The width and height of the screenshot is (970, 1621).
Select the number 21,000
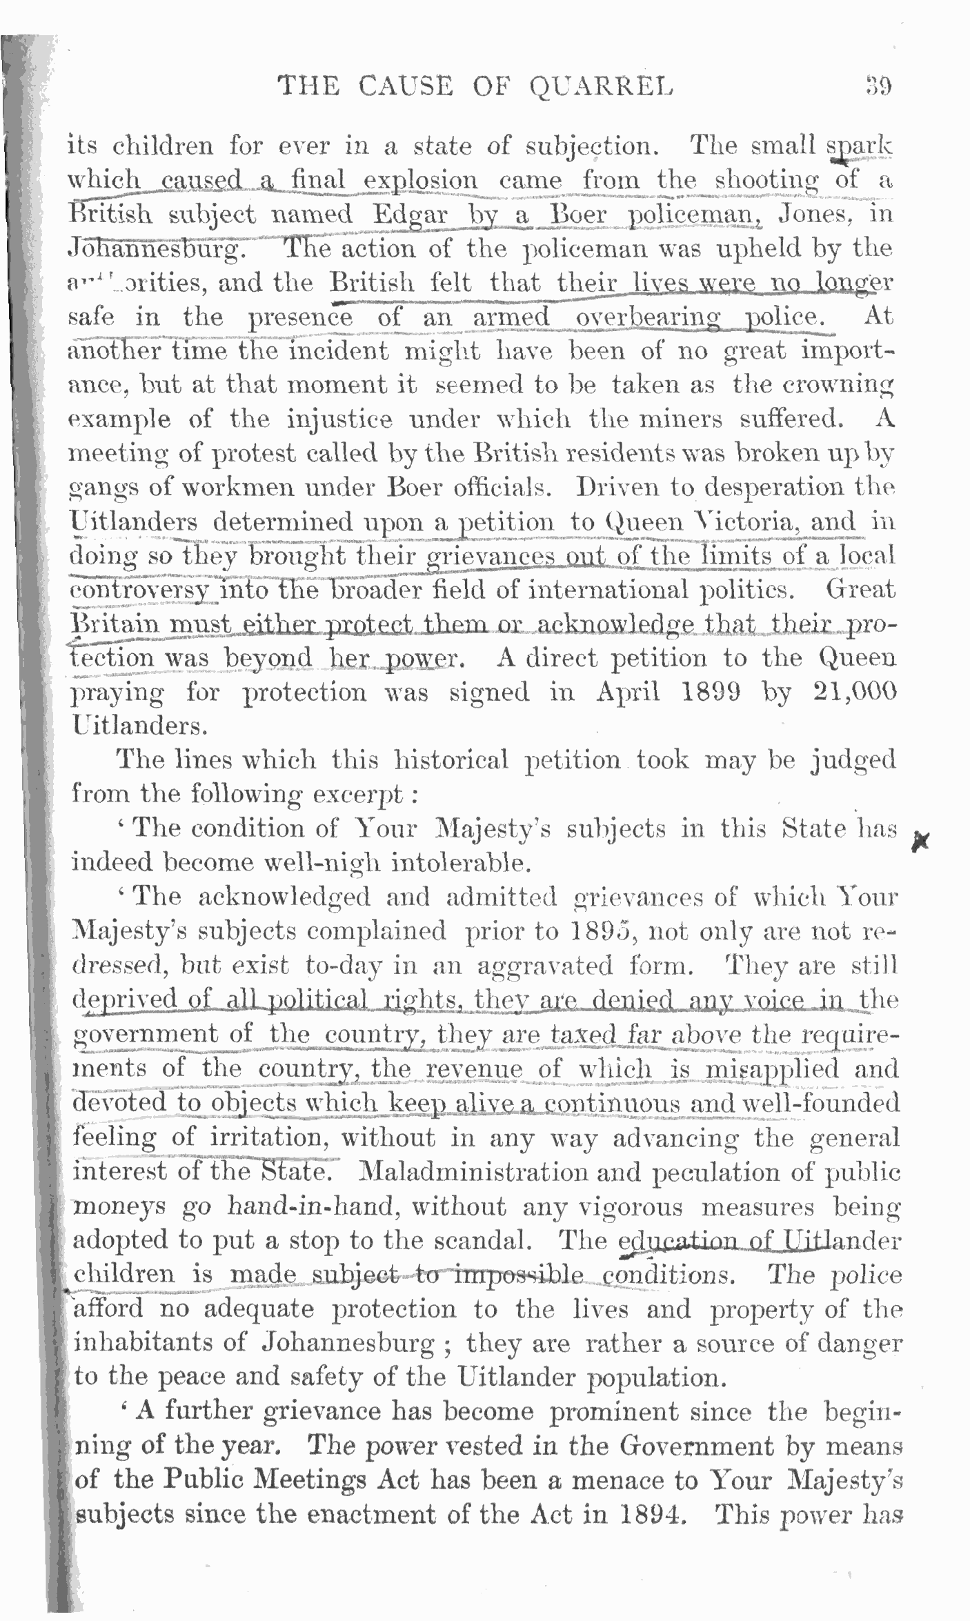point(853,692)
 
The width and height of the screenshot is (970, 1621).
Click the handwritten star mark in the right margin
point(920,841)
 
